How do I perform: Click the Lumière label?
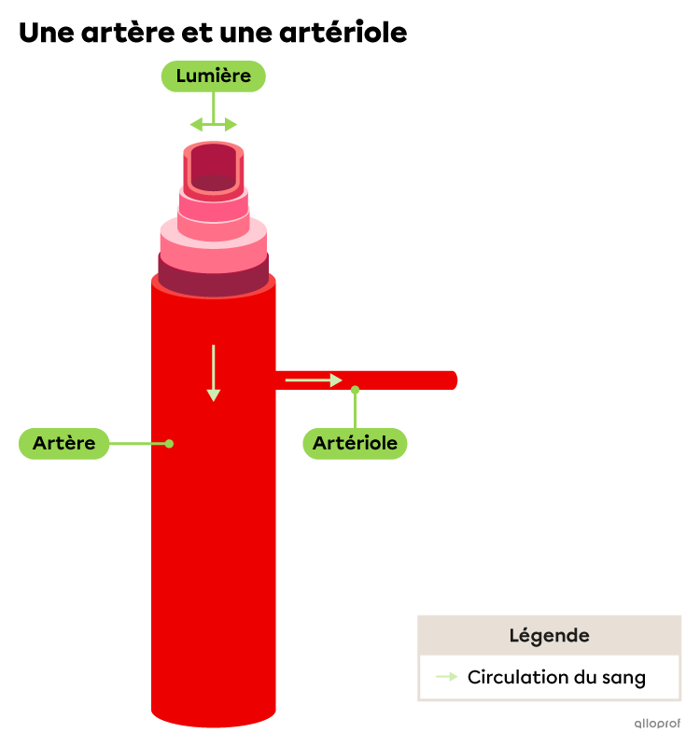(213, 76)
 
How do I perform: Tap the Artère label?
(63, 443)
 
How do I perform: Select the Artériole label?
(355, 443)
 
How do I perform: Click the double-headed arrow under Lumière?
(213, 125)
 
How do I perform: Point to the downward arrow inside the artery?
(213, 373)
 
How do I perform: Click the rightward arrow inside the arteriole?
(314, 380)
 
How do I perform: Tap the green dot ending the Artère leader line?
(169, 444)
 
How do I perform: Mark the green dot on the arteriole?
(355, 390)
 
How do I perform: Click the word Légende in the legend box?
(549, 636)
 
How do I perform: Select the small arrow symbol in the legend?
(447, 677)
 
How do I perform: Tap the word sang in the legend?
(623, 678)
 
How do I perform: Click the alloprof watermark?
(657, 723)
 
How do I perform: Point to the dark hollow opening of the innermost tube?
(214, 164)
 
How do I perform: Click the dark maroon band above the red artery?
(213, 283)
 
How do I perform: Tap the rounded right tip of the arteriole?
(454, 380)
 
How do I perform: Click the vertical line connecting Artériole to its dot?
(355, 410)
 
